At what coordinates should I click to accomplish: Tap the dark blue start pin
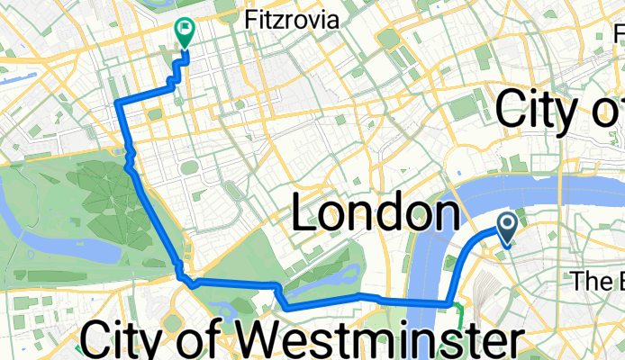[506, 229]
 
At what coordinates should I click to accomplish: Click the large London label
[373, 216]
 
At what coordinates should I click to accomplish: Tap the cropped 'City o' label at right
[558, 112]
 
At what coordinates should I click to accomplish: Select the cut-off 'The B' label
[597, 281]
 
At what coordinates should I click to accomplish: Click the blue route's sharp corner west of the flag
[119, 105]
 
